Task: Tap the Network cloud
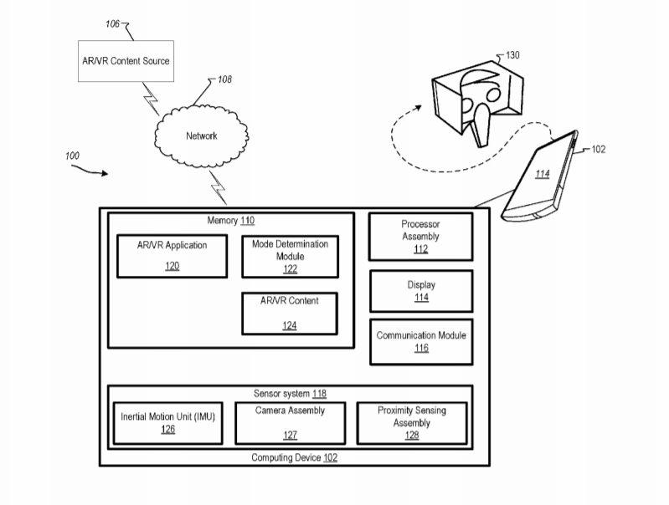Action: click(201, 136)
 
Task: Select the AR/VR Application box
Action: click(172, 255)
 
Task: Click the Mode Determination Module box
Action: click(290, 255)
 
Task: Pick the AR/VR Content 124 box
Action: click(290, 312)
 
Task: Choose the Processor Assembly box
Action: click(420, 237)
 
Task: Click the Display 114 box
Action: click(420, 290)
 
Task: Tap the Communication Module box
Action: click(420, 341)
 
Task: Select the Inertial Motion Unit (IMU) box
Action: click(168, 422)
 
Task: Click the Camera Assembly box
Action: click(290, 422)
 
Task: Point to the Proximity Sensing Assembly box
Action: click(411, 422)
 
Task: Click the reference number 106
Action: click(112, 24)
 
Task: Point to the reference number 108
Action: click(224, 80)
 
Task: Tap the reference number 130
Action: click(512, 56)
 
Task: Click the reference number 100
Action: click(72, 156)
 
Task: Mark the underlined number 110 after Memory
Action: click(247, 221)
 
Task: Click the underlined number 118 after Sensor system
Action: click(319, 393)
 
